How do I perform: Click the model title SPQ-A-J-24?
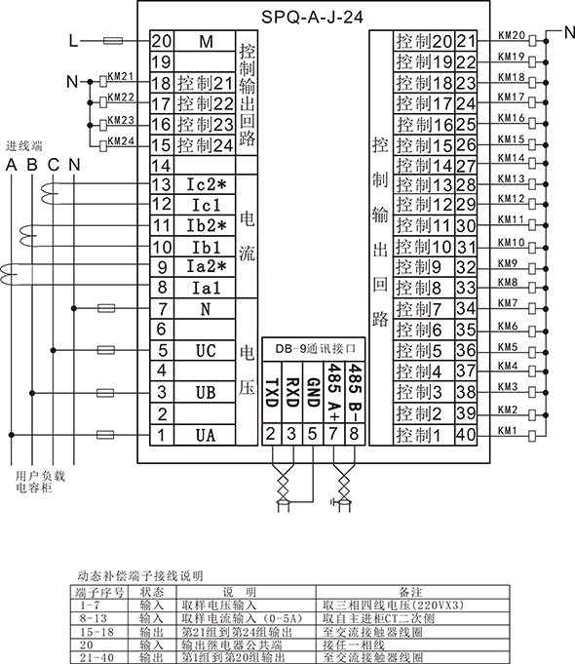(312, 18)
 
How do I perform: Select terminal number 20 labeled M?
(162, 41)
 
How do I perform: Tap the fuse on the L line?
(113, 41)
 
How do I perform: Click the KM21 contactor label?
(121, 76)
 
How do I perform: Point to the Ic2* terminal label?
(207, 184)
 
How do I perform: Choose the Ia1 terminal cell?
(205, 288)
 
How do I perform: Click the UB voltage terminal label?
(206, 393)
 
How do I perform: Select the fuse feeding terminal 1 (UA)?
(105, 435)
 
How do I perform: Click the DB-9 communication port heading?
(314, 349)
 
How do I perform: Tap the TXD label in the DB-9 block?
(271, 393)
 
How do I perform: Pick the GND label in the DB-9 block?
(313, 393)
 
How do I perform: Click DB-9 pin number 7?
(333, 434)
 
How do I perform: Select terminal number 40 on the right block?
(466, 435)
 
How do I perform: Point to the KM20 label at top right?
(512, 35)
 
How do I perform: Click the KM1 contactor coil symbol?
(532, 435)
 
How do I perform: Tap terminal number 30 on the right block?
(466, 225)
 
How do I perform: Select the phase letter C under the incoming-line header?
(54, 165)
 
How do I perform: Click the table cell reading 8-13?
(94, 618)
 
